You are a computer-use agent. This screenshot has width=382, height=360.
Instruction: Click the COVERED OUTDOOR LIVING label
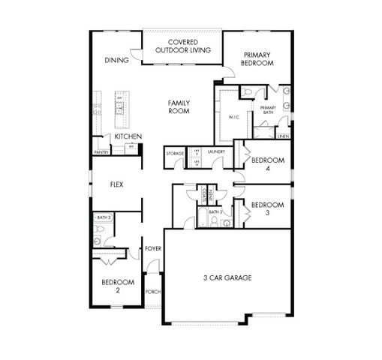click(183, 46)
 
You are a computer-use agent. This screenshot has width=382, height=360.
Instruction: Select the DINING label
click(116, 60)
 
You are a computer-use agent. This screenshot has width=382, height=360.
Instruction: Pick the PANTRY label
click(102, 151)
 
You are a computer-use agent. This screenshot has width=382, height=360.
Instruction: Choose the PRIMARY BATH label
click(268, 111)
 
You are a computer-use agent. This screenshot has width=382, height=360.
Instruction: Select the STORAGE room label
click(175, 154)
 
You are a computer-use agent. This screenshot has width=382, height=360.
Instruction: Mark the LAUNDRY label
click(217, 153)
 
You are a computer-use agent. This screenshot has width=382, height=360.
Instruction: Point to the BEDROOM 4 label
click(266, 164)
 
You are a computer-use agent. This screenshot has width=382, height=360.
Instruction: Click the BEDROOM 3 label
click(266, 208)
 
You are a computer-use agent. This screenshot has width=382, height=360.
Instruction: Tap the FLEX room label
click(116, 184)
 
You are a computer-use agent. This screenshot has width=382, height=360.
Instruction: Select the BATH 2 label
click(104, 217)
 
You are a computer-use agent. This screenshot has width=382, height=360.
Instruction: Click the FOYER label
click(153, 248)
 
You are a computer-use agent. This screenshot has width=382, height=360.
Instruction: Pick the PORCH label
click(152, 292)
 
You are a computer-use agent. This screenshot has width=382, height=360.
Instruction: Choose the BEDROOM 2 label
click(118, 286)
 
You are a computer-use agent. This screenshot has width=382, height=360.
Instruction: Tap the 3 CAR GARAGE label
click(227, 277)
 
